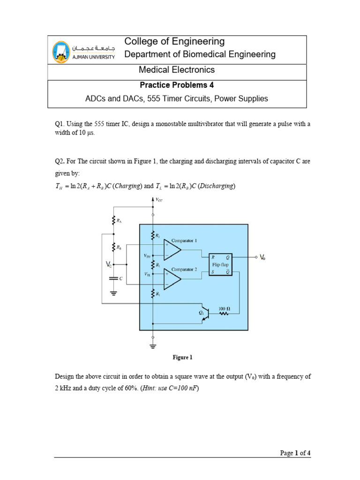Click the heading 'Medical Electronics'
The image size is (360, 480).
[177, 70]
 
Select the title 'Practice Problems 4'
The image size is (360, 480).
[177, 85]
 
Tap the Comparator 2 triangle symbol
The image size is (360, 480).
[172, 280]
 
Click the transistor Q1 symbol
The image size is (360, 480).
[204, 316]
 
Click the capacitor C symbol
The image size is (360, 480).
[113, 278]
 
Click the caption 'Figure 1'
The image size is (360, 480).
[182, 358]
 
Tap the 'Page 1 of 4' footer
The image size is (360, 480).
[295, 453]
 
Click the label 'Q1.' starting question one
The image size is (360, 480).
[60, 124]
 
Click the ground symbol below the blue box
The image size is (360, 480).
[153, 347]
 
